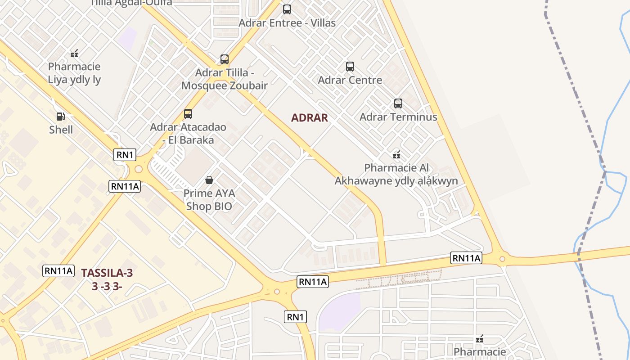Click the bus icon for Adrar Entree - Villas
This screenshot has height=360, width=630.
click(287, 9)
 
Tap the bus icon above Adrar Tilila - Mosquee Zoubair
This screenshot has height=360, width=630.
click(224, 59)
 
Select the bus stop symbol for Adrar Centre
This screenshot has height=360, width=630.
click(350, 67)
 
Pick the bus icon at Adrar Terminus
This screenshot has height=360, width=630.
click(398, 103)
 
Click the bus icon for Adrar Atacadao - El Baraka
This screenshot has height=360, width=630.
click(188, 114)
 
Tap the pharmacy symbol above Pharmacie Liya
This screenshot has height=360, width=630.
click(74, 54)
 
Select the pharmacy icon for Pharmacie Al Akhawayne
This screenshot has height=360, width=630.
click(396, 155)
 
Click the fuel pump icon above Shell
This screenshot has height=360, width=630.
click(60, 117)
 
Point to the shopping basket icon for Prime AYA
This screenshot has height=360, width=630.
click(209, 180)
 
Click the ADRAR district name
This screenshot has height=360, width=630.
click(310, 118)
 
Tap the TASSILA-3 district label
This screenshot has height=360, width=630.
click(107, 273)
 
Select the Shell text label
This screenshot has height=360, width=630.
click(61, 130)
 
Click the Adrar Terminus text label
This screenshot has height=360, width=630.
click(398, 117)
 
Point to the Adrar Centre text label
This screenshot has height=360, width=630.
click(350, 80)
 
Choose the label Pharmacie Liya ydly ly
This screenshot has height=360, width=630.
click(74, 73)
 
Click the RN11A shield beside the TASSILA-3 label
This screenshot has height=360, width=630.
click(58, 271)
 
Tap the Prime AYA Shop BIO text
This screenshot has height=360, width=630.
click(209, 200)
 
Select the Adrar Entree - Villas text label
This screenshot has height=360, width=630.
click(287, 22)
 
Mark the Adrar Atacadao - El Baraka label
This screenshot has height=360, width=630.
click(188, 133)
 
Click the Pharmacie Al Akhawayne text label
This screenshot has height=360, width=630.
click(396, 174)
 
